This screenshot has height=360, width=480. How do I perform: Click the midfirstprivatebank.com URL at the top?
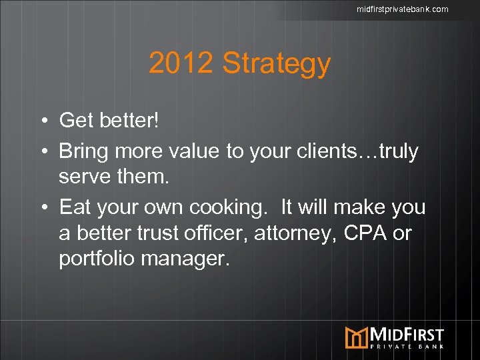click(402, 9)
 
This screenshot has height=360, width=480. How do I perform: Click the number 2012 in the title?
click(181, 63)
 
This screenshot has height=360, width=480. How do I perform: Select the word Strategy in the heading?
click(276, 65)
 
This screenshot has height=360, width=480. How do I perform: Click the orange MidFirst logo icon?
click(357, 337)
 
